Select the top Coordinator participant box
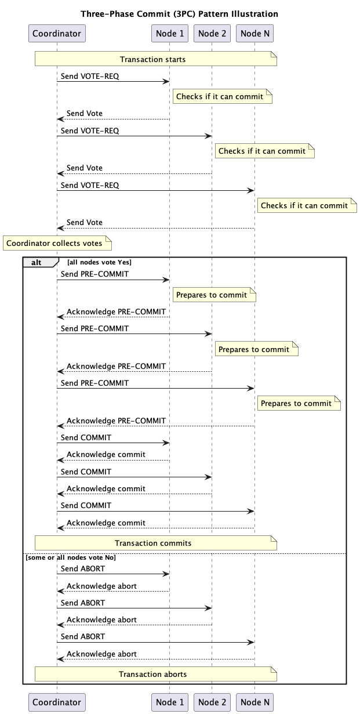[57, 34]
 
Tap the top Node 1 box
[170, 34]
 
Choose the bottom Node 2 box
[212, 702]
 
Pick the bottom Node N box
[255, 702]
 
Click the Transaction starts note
[156, 59]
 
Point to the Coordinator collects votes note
[57, 243]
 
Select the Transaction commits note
[156, 543]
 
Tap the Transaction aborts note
[156, 674]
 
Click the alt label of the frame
[37, 262]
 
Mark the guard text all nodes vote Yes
[99, 262]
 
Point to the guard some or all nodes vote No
[70, 557]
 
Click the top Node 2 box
[212, 34]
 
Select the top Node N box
[255, 34]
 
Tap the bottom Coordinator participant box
[57, 702]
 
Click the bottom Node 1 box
[170, 702]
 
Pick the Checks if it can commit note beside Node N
[307, 205]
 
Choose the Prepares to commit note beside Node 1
[214, 295]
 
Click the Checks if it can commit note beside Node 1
[223, 96]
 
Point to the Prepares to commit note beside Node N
[299, 403]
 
